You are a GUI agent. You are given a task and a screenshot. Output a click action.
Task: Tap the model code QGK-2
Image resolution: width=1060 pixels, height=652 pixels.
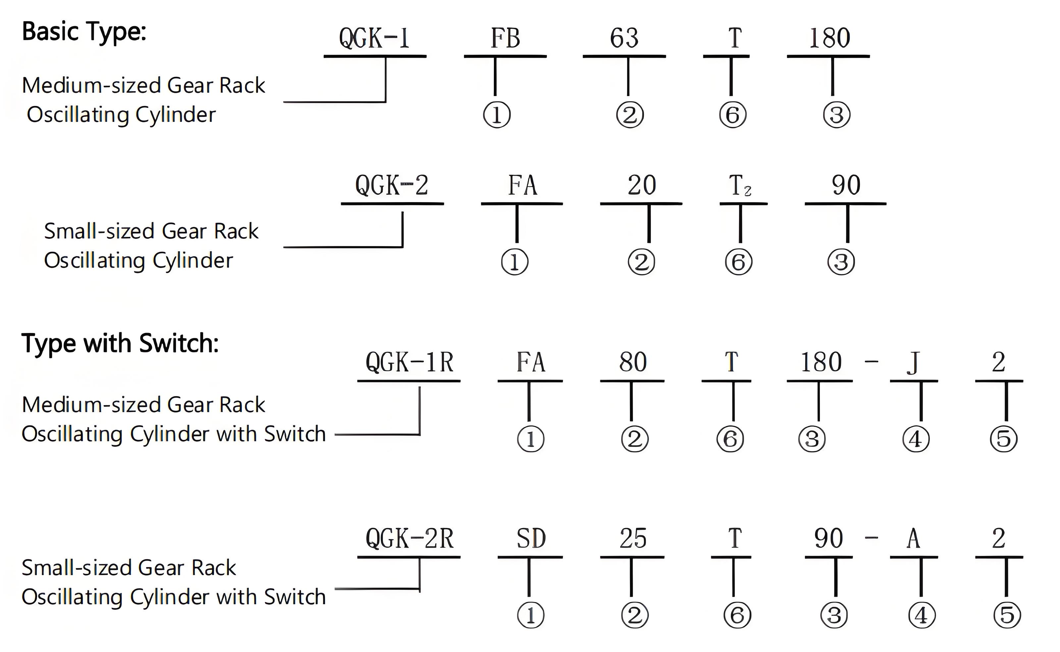(x=392, y=186)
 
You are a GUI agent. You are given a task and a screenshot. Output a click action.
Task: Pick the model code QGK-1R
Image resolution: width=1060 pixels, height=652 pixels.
(x=409, y=362)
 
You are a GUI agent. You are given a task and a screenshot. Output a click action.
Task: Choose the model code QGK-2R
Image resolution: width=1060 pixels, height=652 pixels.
(x=409, y=539)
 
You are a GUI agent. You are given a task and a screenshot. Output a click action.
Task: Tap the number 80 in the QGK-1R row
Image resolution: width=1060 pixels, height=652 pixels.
(x=633, y=362)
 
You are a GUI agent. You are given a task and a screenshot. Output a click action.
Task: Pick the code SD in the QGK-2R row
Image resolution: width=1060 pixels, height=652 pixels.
(x=531, y=539)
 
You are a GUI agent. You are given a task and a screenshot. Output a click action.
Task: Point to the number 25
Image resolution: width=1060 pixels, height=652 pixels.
(x=633, y=539)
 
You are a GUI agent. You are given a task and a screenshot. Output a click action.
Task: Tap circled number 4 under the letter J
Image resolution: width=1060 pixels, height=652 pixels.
(x=916, y=439)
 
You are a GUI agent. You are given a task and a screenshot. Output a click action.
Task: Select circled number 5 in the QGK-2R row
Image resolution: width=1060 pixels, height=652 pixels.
(x=1007, y=615)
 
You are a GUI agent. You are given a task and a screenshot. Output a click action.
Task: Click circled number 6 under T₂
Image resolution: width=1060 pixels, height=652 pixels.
(x=738, y=262)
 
